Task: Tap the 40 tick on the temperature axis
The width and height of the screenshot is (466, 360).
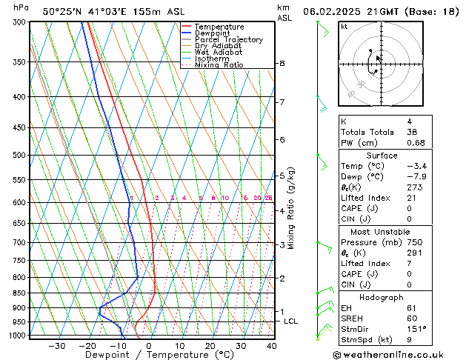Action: [x=272, y=346]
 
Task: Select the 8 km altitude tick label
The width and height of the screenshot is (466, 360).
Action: [x=282, y=64]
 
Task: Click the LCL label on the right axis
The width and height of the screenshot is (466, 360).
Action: [x=290, y=321]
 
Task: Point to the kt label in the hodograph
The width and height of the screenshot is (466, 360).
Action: [x=344, y=27]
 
